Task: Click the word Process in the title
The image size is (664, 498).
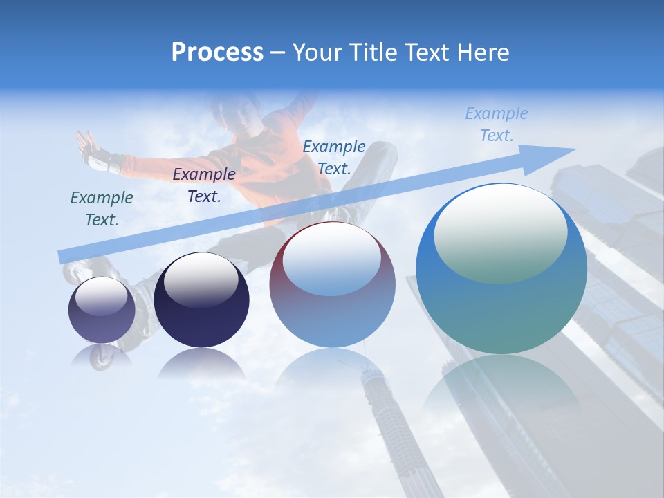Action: coord(217,53)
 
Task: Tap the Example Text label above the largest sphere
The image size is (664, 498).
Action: coord(497,124)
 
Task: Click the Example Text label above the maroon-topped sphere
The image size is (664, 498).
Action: coord(334,157)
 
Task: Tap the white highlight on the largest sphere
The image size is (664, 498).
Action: coord(500,228)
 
